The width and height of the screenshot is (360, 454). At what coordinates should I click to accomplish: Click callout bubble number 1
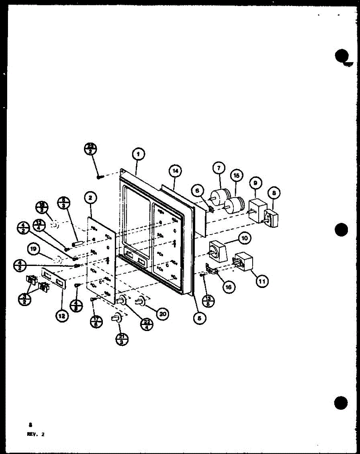pos(138,154)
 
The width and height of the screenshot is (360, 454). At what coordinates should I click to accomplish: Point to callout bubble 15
pos(237,176)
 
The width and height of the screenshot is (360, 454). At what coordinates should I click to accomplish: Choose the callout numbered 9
pos(256,183)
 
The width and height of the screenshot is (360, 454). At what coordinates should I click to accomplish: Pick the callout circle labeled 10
pos(244,239)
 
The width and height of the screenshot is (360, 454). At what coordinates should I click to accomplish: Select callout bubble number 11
pos(261,280)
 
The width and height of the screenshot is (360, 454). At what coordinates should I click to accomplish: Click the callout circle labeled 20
pos(163,314)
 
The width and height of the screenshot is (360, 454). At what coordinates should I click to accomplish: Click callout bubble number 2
pos(91,197)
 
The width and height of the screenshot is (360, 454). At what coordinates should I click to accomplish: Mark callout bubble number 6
pos(197,192)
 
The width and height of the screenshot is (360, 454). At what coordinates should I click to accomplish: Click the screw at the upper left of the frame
pos(99,176)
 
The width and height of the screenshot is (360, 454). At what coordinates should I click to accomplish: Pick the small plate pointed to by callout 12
pos(53,277)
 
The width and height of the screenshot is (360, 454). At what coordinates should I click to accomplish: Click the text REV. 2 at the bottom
pos(36,434)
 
